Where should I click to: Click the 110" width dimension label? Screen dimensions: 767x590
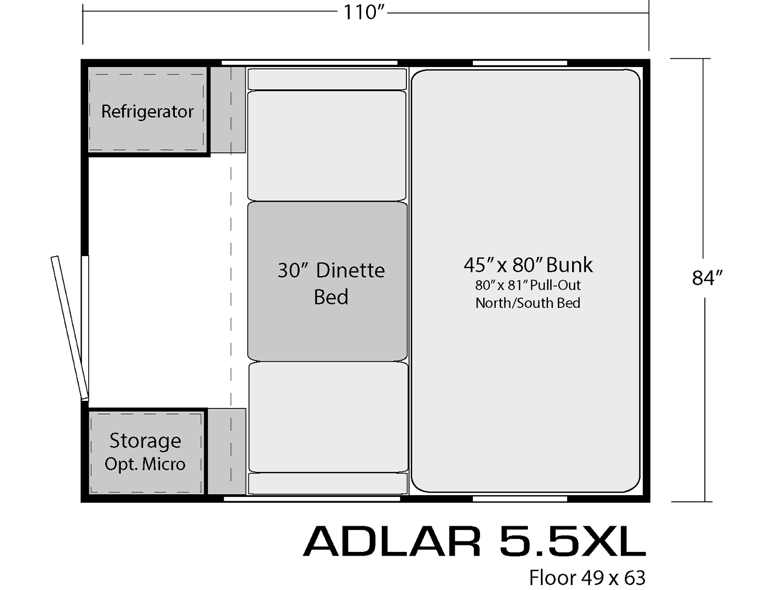tap(363, 13)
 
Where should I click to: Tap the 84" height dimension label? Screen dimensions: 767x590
tap(707, 278)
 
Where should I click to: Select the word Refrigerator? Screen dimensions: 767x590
tap(147, 112)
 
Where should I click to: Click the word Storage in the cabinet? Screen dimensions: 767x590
tap(145, 441)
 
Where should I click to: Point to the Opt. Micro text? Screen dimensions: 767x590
tap(145, 464)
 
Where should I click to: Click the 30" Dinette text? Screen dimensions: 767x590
tap(331, 271)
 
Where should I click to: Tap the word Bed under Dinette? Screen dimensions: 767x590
tap(331, 297)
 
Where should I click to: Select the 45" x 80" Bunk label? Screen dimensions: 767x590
tap(528, 265)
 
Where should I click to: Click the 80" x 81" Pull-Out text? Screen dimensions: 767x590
tap(528, 285)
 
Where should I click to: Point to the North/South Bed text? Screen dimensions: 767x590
tap(528, 303)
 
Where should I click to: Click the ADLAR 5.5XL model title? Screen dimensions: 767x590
tap(474, 541)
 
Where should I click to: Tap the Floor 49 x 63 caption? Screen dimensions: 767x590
tap(587, 577)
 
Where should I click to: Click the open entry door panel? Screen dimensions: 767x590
tap(69, 328)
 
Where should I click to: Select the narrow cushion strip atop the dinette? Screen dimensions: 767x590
tap(327, 80)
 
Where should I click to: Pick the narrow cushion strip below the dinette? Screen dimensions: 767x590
tap(328, 484)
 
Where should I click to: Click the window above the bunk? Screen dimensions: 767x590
tap(520, 63)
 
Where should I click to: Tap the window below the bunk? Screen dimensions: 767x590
tap(520, 499)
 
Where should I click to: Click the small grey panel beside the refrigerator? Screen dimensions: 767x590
tap(228, 110)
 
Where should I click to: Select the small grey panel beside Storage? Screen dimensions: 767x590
tap(227, 451)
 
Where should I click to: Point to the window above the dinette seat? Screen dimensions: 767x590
tap(309, 63)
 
